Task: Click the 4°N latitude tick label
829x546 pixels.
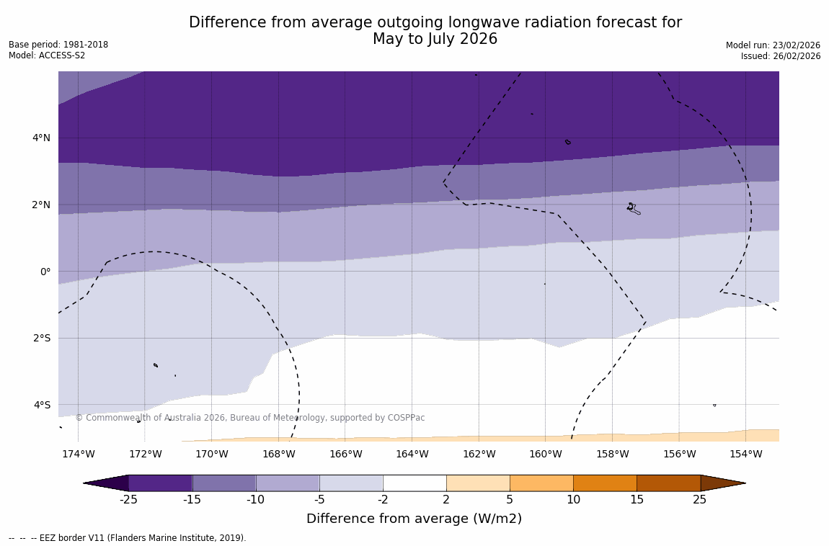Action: tap(41, 138)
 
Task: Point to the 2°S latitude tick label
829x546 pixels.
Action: tap(41, 338)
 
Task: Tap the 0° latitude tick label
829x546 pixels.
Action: tap(45, 272)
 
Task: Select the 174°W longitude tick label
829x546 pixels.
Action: tap(78, 454)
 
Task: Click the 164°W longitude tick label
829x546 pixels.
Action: tap(412, 454)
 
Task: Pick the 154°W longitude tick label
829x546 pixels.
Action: tap(745, 454)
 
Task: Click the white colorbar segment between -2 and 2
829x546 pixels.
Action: tap(414, 483)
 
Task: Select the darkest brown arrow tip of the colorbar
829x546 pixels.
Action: tap(722, 483)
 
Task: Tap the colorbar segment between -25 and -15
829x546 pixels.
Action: tap(160, 483)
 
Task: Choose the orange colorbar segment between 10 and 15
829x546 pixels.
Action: tap(605, 483)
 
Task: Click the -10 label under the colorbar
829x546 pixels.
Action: tap(255, 499)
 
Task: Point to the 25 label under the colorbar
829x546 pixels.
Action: tap(700, 499)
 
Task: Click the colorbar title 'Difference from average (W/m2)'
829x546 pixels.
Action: tap(414, 519)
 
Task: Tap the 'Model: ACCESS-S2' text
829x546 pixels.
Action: tap(47, 55)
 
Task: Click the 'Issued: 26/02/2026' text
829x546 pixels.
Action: tap(781, 56)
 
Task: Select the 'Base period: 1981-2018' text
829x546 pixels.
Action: tap(58, 45)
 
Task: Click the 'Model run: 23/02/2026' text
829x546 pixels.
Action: tap(773, 45)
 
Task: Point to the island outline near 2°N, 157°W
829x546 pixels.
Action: tap(633, 209)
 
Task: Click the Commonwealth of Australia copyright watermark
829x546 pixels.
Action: tap(250, 418)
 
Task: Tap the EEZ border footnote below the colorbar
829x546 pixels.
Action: tap(128, 538)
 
